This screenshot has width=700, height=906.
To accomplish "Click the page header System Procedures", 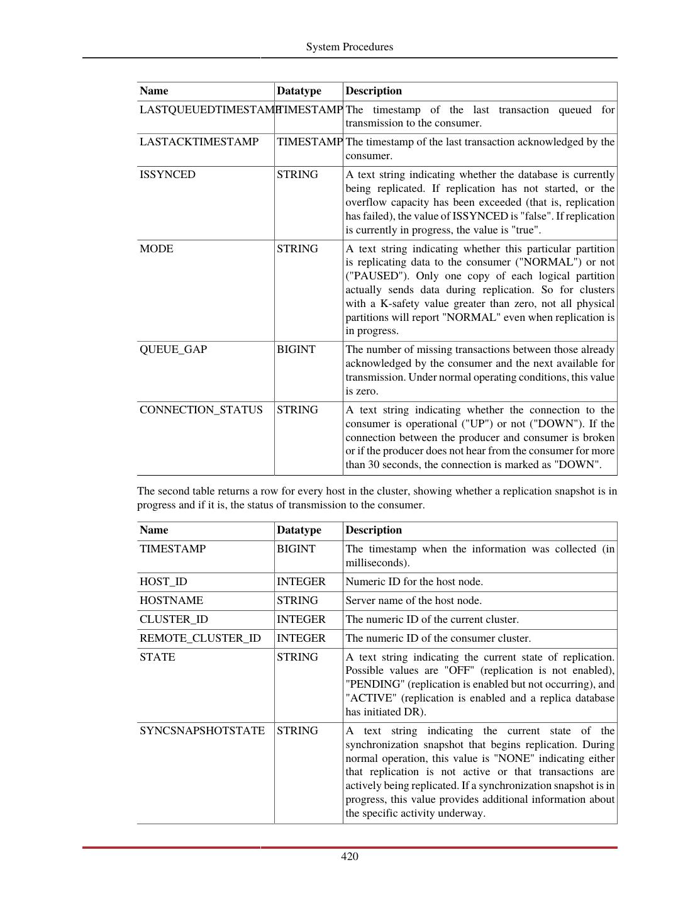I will (x=350, y=47).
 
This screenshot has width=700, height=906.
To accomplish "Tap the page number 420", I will (x=350, y=856).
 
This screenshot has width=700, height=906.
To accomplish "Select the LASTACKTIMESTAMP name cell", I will (x=199, y=142).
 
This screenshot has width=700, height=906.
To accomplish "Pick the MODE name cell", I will (x=157, y=249).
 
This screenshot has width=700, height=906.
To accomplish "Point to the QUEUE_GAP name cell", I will (x=173, y=350).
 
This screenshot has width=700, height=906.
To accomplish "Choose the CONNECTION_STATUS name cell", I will (x=201, y=410).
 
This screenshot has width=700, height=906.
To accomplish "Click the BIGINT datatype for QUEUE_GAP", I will (x=296, y=350).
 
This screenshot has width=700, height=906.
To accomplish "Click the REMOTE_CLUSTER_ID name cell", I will (x=200, y=639).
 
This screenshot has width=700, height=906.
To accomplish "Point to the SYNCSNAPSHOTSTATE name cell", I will (x=202, y=731).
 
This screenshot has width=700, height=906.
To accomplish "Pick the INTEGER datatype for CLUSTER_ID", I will (x=301, y=620).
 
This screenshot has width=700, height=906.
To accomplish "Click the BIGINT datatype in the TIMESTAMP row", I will (x=296, y=549).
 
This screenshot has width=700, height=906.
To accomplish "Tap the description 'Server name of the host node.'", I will (x=413, y=601).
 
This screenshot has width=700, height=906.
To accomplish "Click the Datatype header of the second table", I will (x=299, y=530).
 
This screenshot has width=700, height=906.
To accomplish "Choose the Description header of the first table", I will (x=374, y=91).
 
